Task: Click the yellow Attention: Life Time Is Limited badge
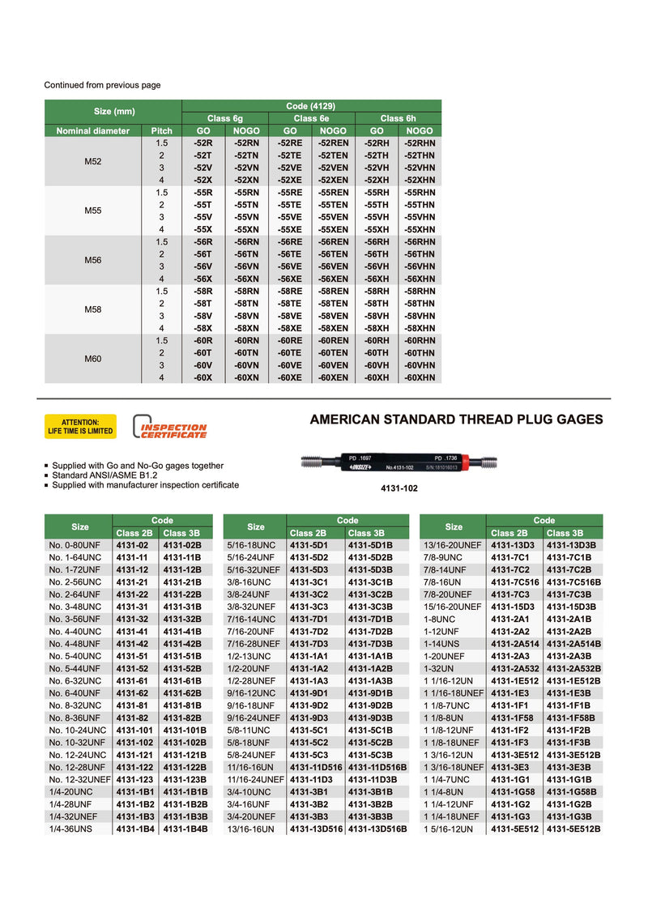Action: tap(79, 426)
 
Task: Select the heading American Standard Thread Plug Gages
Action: tap(457, 420)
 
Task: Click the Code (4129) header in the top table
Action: tap(311, 105)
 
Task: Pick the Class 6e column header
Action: tap(311, 118)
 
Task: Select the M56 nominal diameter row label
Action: tap(93, 260)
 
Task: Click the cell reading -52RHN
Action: tap(420, 143)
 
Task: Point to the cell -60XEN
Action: tap(333, 377)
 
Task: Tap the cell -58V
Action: tap(202, 316)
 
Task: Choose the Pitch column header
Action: tap(161, 130)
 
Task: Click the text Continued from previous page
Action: tap(102, 85)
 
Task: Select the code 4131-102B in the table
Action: tap(185, 741)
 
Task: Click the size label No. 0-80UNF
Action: tap(74, 546)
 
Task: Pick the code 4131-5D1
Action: tap(307, 546)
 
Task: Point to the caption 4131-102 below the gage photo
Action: tap(398, 489)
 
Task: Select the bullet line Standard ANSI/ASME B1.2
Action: tap(104, 475)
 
